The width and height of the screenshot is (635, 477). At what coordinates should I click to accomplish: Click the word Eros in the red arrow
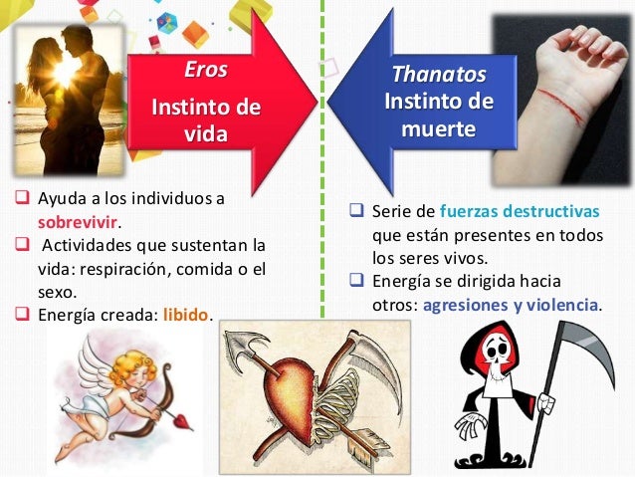coord(206,71)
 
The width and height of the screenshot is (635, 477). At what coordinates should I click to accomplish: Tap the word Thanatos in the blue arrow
coord(439,75)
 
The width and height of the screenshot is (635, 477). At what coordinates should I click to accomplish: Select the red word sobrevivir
coord(71,221)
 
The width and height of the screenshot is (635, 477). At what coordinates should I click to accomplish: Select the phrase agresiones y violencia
coord(512,305)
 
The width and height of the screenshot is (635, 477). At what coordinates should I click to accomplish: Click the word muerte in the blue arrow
coord(439,129)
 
